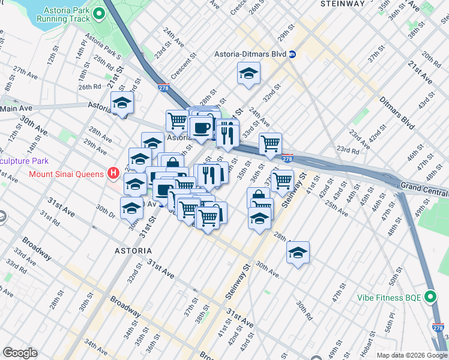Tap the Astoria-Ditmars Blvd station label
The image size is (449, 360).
[x=250, y=54]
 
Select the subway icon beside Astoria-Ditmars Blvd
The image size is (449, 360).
[x=292, y=54]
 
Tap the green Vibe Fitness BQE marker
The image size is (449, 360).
[x=430, y=296]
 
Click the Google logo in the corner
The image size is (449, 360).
[x=20, y=353]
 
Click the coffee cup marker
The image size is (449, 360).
[x=200, y=128]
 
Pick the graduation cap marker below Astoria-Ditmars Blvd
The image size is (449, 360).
[x=248, y=74]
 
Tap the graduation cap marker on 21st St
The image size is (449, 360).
[x=122, y=103]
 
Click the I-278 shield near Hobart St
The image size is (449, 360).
[x=438, y=328]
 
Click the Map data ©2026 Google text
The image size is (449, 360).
[x=412, y=355]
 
